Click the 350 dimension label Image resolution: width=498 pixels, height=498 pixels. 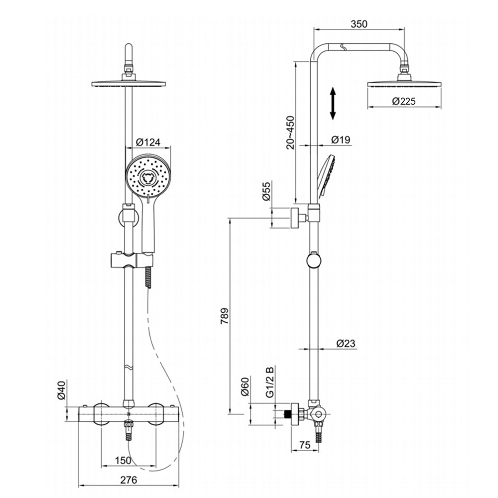(359, 24)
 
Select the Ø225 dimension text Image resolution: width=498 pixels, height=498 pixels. (403, 101)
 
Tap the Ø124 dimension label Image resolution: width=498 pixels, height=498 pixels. (148, 142)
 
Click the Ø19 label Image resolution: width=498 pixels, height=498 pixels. (341, 139)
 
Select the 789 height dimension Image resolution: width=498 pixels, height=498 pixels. (225, 316)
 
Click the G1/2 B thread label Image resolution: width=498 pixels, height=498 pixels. (269, 382)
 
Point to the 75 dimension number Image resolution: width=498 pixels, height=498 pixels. (305, 444)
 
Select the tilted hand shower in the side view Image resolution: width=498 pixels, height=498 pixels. (325, 175)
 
